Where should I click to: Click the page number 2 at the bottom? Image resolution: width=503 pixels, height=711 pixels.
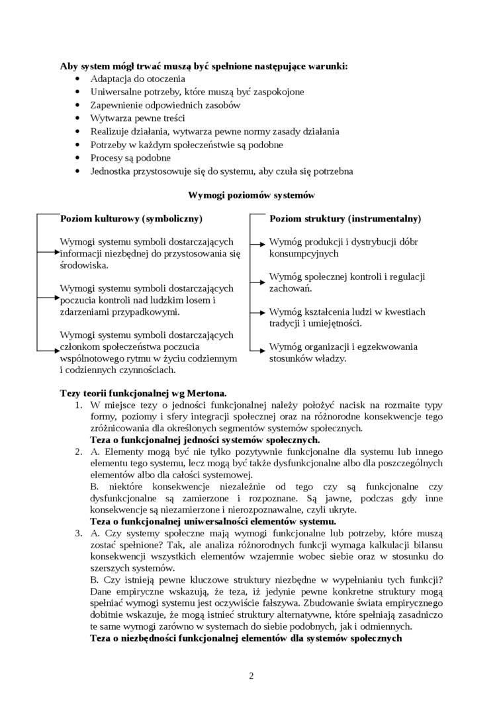[251, 675]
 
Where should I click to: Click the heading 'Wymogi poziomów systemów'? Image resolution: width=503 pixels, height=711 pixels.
[251, 195]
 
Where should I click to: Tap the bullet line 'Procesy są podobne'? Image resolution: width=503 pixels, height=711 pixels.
[130, 158]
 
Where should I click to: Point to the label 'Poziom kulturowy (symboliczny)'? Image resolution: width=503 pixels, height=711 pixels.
[131, 218]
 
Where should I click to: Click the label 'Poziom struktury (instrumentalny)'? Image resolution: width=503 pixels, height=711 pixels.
[345, 218]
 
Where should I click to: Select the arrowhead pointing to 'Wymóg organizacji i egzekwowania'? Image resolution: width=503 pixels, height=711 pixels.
[266, 347]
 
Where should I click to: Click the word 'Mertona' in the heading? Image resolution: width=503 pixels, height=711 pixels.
[206, 392]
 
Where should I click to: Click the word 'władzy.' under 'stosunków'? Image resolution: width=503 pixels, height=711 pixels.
[329, 358]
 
